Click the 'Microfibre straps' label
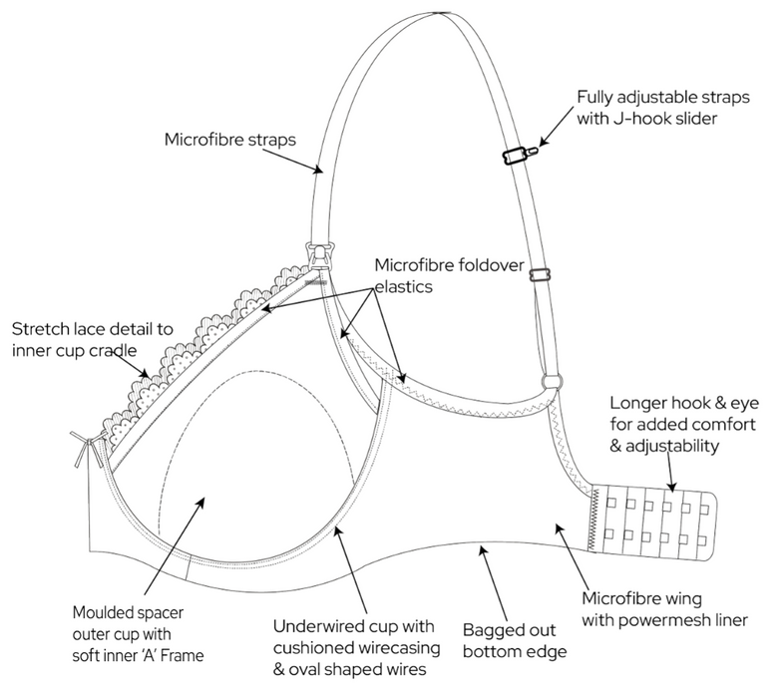click(229, 139)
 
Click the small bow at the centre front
click(81, 441)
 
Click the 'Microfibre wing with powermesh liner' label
click(664, 609)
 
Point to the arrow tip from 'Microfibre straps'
click(320, 171)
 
